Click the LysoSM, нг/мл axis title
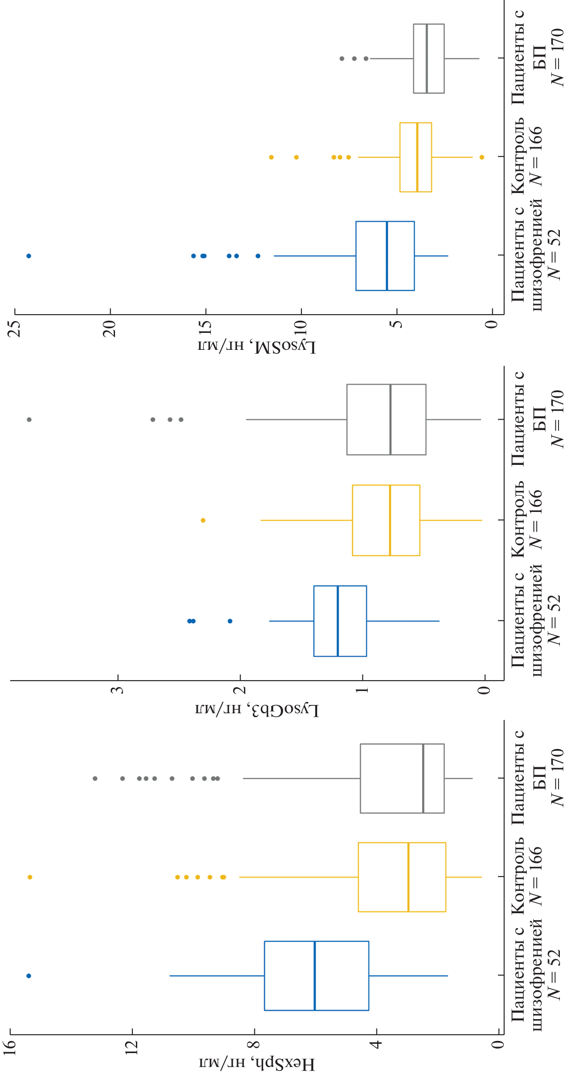point(257,346)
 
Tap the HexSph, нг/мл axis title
point(257,1064)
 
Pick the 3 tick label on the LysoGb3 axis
point(118,690)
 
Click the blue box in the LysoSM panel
point(385,256)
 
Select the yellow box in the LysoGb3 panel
point(386,520)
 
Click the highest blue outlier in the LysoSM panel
point(29,256)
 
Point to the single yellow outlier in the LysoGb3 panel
point(203,520)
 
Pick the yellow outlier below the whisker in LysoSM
point(482,157)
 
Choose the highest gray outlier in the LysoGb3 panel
point(29,420)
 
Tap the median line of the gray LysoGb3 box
point(391,420)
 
